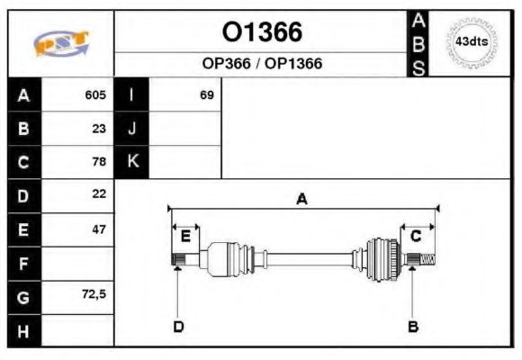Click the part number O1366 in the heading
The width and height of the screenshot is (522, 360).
(x=262, y=32)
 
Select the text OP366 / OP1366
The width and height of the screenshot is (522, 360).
(x=262, y=64)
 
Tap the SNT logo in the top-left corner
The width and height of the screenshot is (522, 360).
(x=60, y=43)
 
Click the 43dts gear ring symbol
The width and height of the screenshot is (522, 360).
(x=471, y=42)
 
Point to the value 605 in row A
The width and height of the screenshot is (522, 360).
(x=95, y=94)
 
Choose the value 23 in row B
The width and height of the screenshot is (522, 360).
(x=99, y=129)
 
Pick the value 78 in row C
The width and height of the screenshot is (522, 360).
(x=99, y=163)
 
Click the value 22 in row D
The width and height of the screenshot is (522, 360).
(x=99, y=194)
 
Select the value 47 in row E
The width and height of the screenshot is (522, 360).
(x=99, y=229)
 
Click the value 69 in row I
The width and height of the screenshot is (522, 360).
(x=206, y=94)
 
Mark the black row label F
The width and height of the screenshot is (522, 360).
(x=24, y=263)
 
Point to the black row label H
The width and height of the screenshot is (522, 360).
(x=24, y=330)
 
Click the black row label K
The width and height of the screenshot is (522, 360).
(x=132, y=162)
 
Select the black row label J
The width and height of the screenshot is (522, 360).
(x=132, y=129)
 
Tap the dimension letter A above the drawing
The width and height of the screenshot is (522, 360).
(x=302, y=200)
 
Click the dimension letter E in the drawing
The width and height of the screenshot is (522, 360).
(x=185, y=237)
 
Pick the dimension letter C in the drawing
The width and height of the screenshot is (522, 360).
(x=416, y=237)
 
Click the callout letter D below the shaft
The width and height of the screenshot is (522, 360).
(x=178, y=327)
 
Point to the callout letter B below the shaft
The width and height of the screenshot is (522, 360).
(x=413, y=327)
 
